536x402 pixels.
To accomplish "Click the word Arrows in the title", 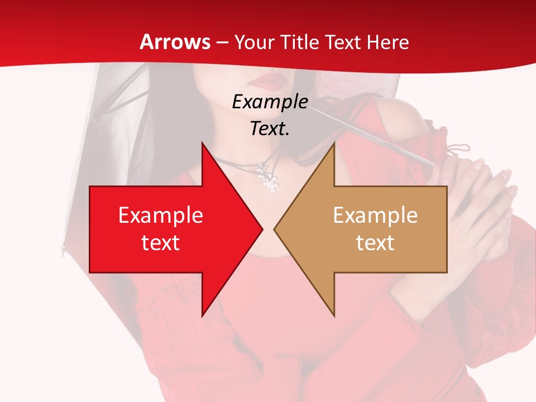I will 175,42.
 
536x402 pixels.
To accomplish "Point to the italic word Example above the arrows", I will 270,102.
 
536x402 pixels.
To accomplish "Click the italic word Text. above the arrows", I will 270,128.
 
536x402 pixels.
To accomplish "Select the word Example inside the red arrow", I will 161,216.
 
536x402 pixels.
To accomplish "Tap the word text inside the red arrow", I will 161,243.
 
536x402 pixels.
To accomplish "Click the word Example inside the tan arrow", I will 375,216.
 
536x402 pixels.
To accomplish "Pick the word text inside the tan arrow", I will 375,243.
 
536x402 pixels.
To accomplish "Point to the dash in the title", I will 222,42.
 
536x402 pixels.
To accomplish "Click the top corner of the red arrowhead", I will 202,143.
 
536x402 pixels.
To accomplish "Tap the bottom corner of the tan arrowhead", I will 334,315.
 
